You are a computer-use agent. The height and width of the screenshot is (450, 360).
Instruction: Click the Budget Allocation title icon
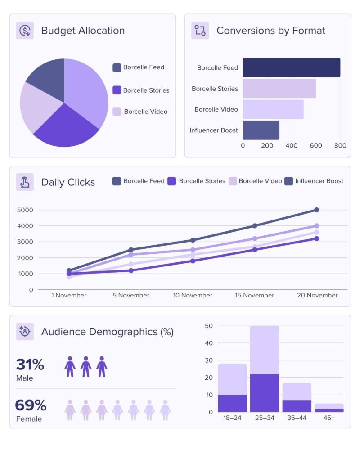click(25, 31)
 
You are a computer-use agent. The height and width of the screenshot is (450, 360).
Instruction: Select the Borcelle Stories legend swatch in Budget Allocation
click(117, 90)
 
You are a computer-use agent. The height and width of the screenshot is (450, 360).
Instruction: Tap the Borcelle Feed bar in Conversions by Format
click(291, 68)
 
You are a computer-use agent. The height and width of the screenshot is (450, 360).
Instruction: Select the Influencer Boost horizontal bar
click(261, 130)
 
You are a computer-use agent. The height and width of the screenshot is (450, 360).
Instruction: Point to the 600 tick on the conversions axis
click(316, 146)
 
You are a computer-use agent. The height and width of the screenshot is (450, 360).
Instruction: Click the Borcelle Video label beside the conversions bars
click(216, 109)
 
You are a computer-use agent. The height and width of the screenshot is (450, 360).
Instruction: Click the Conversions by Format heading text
click(270, 31)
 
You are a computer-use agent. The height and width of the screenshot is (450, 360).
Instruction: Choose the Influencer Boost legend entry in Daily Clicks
click(315, 181)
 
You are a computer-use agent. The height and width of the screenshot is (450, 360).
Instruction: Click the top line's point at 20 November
click(316, 210)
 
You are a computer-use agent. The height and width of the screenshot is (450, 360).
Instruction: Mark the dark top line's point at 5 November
click(131, 250)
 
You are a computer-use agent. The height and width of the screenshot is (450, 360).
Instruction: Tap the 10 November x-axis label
click(193, 296)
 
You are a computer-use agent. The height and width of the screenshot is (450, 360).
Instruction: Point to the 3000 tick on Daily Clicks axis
click(25, 242)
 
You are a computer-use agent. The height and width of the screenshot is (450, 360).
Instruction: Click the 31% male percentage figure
click(30, 364)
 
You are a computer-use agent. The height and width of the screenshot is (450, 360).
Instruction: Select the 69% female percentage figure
click(31, 405)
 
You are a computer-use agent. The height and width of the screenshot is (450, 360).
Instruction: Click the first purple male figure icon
click(70, 367)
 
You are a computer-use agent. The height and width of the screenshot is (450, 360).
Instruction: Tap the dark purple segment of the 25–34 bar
click(265, 393)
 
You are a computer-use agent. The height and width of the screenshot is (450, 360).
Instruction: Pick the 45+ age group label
click(329, 418)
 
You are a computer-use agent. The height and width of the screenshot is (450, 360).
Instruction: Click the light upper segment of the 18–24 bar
click(232, 379)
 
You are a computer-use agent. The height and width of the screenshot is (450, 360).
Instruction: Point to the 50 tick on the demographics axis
click(208, 326)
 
